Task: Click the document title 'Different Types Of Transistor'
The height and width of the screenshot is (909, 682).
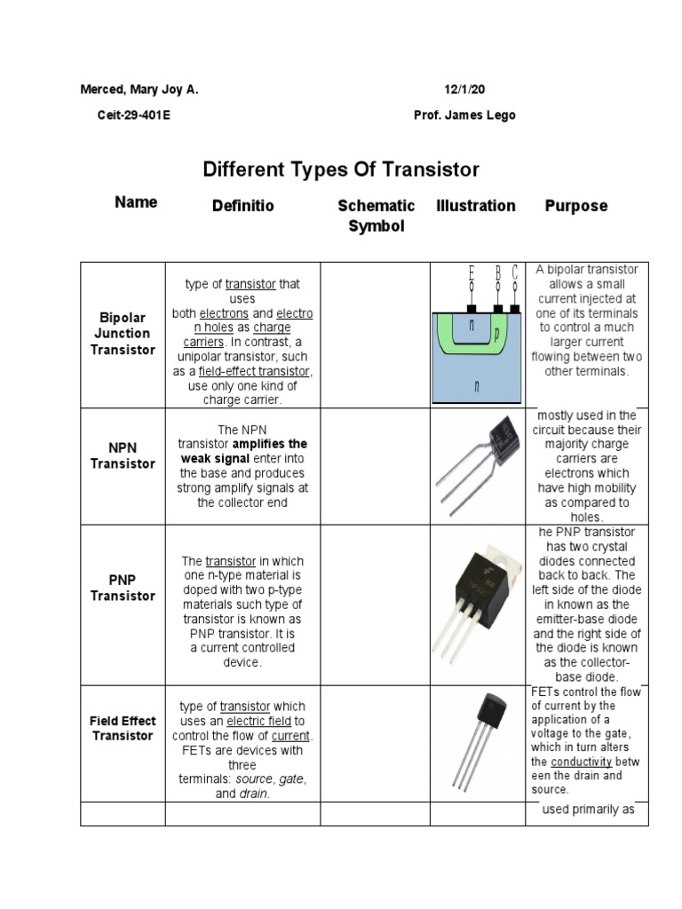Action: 341,169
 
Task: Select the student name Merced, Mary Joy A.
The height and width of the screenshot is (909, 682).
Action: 139,91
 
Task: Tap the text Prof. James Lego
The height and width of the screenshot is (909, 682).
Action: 464,115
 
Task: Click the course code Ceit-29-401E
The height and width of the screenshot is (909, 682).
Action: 134,115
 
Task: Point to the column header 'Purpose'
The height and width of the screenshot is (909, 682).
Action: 575,206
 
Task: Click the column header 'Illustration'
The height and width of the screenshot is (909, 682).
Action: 476,206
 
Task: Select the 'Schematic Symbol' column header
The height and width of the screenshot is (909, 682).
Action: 376,216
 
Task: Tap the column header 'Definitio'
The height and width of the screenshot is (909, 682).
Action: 243,206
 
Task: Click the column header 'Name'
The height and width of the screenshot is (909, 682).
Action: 136,202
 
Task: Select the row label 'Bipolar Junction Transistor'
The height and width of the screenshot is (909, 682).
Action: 123,334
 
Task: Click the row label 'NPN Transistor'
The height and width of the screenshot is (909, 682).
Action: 123,455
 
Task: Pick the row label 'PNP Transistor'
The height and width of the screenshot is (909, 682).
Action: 123,588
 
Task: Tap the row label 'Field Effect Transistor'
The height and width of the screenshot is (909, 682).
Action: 123,728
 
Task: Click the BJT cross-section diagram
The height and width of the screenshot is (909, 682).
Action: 477,335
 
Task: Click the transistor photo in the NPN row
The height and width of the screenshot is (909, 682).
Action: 478,466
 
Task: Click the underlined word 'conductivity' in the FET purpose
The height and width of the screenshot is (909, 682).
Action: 581,762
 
